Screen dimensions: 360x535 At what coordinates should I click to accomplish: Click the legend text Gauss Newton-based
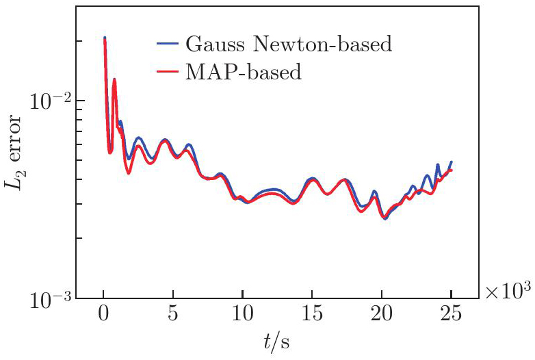288,45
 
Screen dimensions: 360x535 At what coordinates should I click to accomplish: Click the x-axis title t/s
277,342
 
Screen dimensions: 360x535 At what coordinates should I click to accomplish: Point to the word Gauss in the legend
210,45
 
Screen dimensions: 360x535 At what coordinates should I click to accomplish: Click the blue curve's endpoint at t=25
451,162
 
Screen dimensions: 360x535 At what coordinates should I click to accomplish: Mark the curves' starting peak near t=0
104,38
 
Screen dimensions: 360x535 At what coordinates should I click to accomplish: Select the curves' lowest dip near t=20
385,218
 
